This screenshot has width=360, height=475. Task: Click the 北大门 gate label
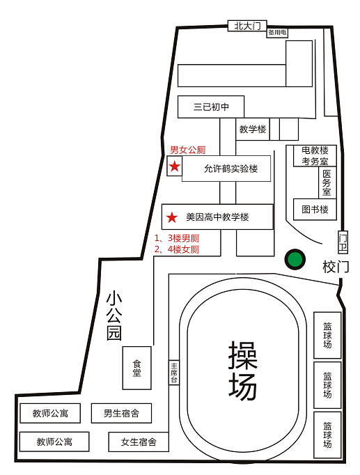click(x=246, y=26)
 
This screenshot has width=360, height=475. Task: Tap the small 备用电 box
click(x=277, y=32)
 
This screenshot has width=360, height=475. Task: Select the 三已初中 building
click(x=211, y=107)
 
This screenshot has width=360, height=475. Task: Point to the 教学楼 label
click(x=253, y=129)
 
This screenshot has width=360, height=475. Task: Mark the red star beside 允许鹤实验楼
click(x=174, y=166)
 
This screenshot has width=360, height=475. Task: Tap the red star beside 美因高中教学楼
click(x=172, y=217)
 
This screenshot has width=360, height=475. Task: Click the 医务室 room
click(x=327, y=182)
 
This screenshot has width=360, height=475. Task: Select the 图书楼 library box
click(x=315, y=209)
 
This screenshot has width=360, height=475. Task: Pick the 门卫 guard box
click(x=343, y=240)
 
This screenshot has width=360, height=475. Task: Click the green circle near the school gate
click(x=295, y=260)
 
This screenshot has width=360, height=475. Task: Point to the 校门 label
click(x=336, y=267)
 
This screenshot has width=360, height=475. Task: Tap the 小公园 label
click(x=114, y=316)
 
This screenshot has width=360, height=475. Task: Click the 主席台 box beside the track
click(x=174, y=377)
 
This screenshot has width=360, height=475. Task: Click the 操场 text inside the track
click(x=242, y=371)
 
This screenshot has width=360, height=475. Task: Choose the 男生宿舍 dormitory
click(x=126, y=413)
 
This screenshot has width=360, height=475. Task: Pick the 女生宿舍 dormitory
click(x=139, y=442)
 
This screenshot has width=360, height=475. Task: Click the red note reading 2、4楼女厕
click(x=177, y=249)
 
